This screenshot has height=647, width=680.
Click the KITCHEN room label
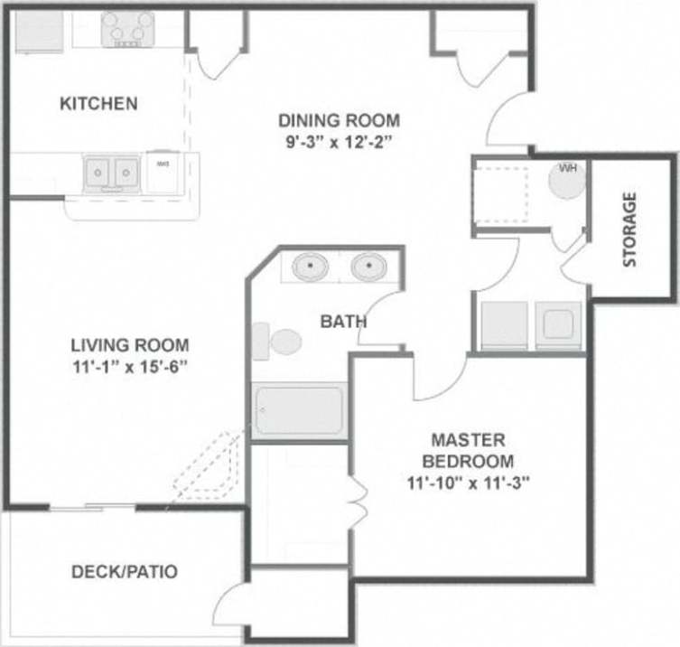point(98,103)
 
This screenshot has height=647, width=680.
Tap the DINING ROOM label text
point(339,120)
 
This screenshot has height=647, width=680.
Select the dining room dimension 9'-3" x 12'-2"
point(339,142)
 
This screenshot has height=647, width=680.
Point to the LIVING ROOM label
point(130,344)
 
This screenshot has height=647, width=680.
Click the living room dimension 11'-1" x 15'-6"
point(130,366)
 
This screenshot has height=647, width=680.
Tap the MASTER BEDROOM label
point(467,450)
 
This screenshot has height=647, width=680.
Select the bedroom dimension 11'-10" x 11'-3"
point(467,482)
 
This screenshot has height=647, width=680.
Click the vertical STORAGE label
point(629,229)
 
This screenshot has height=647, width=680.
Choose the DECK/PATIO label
point(125,571)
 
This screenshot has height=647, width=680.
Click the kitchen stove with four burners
point(126,29)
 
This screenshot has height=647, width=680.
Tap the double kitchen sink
point(111,171)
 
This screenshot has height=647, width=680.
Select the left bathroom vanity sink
point(312,267)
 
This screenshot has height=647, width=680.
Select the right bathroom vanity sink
point(368,267)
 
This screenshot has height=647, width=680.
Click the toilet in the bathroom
point(277,342)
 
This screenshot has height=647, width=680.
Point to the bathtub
point(300,410)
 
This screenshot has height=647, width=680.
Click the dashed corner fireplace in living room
point(210,465)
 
